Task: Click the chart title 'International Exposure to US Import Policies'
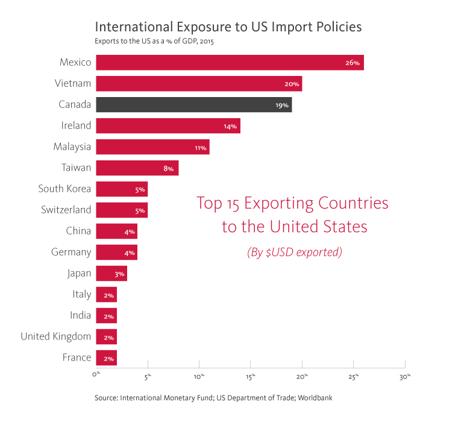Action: (228, 27)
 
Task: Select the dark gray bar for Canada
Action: (193, 104)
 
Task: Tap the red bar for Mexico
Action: (230, 63)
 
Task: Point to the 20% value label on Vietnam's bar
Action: (292, 84)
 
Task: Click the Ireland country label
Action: (77, 125)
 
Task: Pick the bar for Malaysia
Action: (152, 146)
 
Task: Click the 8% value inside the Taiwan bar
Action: (168, 169)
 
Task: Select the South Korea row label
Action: (64, 189)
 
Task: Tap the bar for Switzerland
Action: (122, 210)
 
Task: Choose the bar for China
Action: (116, 231)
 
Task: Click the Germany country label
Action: (71, 252)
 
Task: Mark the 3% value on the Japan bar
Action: (119, 274)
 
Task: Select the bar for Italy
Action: (106, 294)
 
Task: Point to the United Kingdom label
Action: (55, 336)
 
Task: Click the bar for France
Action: (106, 357)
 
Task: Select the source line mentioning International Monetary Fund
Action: (213, 398)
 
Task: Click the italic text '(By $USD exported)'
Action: (294, 253)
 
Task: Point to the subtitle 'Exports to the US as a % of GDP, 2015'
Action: (154, 42)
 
